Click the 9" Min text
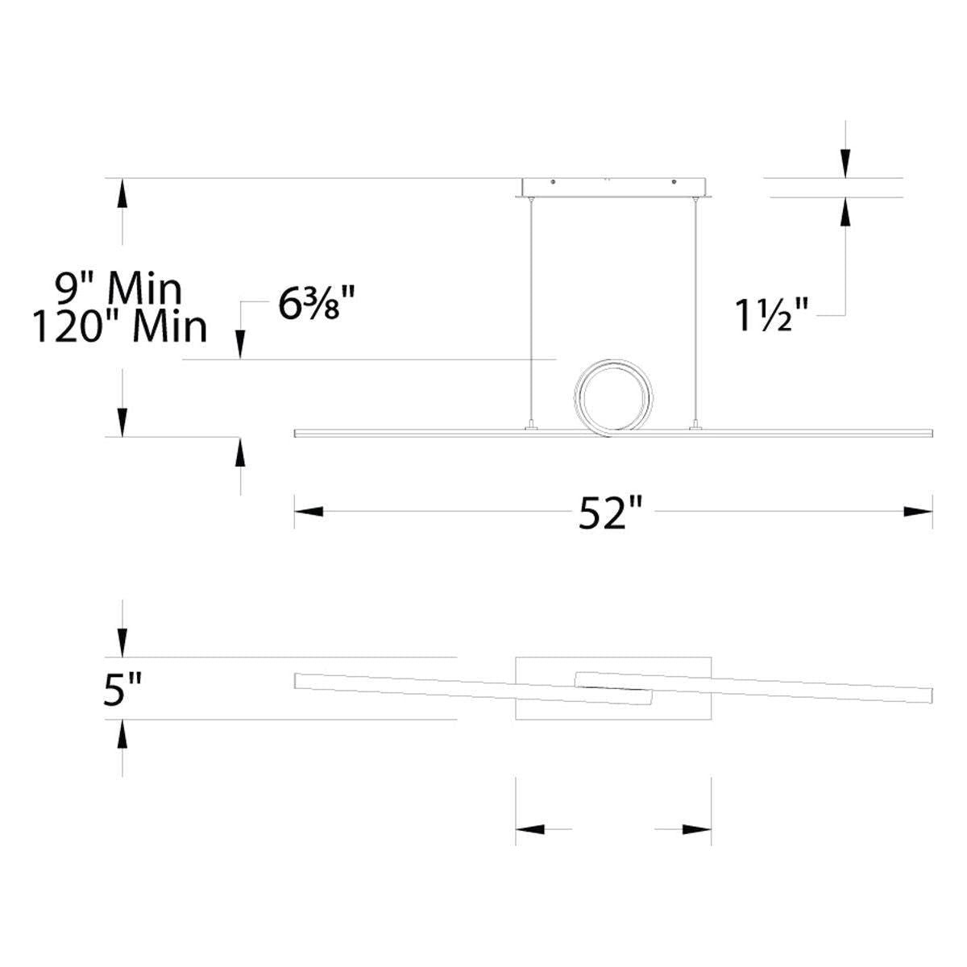click(118, 289)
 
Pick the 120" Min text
click(120, 327)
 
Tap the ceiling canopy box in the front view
click(613, 188)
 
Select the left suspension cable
click(530, 313)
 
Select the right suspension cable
click(695, 313)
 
